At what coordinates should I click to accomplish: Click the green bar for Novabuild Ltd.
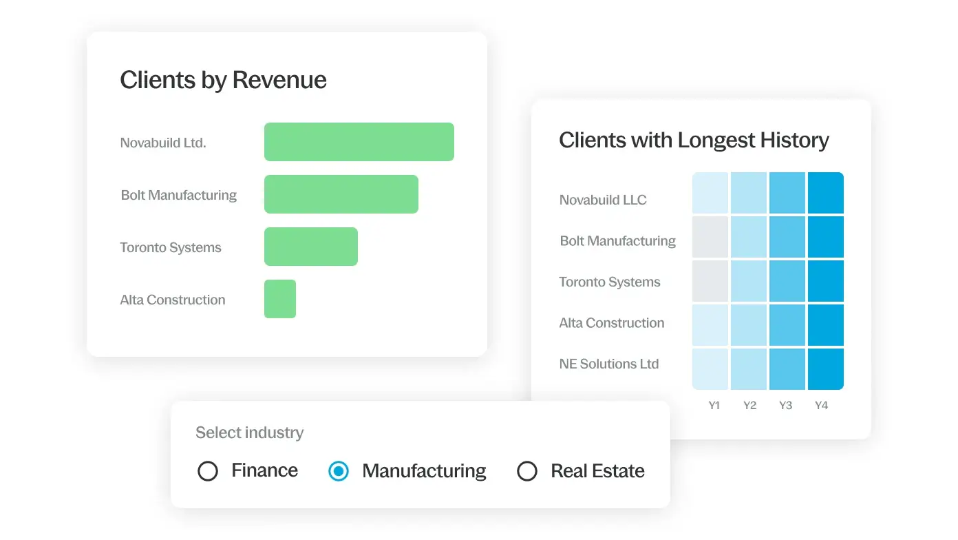point(359,142)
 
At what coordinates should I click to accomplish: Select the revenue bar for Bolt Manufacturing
point(341,194)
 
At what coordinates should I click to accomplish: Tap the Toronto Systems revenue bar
point(310,247)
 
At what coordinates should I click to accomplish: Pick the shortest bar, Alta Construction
point(279,299)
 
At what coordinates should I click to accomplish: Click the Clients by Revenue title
point(223,80)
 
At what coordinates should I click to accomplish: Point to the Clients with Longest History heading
point(694,140)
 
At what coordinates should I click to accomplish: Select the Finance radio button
point(208,471)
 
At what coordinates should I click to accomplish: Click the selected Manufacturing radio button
point(339,471)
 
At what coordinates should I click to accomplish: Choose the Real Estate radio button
point(527,471)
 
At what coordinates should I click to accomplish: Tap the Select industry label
point(249,433)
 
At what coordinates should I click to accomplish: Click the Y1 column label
point(714,406)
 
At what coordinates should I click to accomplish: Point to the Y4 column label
point(821,406)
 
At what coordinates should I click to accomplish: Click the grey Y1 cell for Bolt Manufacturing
point(710,238)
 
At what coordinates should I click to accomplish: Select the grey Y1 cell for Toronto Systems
point(710,282)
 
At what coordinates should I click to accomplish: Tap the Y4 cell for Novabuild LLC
point(825,194)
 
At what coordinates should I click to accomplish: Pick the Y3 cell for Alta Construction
point(787,325)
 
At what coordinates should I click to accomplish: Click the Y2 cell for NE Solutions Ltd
point(749,369)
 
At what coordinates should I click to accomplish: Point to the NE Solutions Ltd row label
point(609,364)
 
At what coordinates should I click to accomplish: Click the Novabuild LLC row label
point(603,200)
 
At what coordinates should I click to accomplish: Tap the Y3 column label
point(785,406)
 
